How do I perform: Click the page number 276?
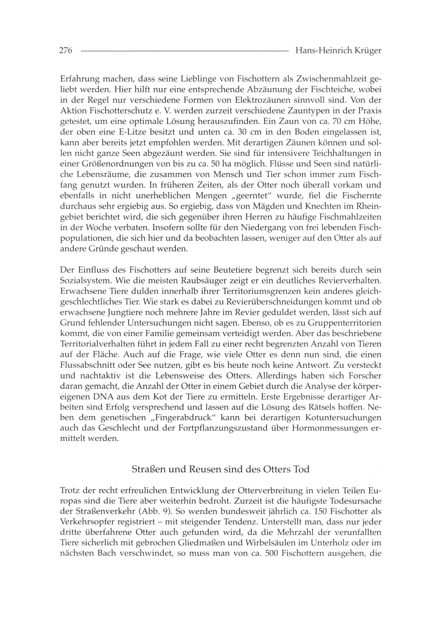click(x=65, y=51)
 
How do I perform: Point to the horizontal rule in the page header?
click(x=185, y=51)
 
